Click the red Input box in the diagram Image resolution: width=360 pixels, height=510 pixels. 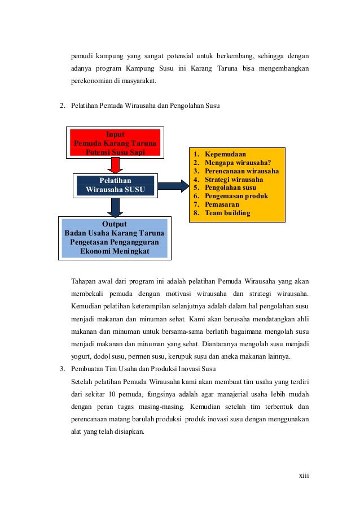pos(115,143)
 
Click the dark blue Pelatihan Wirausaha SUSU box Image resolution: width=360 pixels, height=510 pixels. pos(115,185)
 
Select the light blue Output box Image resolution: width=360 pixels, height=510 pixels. pos(115,238)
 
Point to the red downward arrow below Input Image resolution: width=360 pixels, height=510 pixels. pos(115,165)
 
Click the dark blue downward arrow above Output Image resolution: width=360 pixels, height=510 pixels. pos(115,207)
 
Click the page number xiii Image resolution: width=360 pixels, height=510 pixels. pos(304,475)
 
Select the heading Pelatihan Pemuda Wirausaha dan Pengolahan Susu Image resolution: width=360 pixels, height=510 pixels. pos(146,106)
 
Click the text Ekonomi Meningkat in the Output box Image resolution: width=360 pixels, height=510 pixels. pos(115,251)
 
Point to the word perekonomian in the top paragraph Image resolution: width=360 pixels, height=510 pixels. pos(91,81)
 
